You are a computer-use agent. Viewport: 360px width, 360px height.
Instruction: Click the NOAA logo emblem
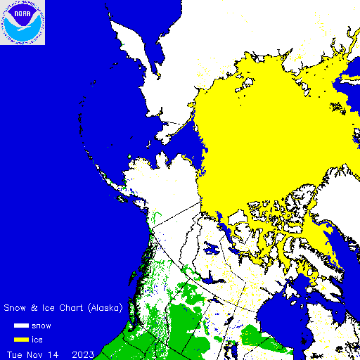pos(22,22)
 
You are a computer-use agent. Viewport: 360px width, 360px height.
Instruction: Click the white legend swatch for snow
pos(21,326)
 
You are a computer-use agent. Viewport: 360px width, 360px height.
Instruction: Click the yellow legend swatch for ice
pos(21,340)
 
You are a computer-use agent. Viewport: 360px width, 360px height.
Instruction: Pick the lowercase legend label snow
pos(41,326)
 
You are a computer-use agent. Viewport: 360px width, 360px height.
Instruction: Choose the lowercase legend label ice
pos(37,340)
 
